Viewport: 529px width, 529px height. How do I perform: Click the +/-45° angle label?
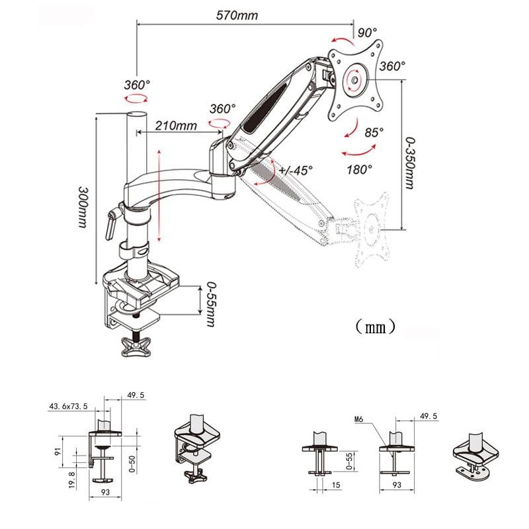296,170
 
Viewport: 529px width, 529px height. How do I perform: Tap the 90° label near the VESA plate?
368,32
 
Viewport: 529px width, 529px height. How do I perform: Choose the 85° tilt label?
374,132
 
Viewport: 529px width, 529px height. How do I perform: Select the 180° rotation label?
359,169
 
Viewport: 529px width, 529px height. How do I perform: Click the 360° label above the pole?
136,85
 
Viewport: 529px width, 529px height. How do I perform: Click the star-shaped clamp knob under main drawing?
138,346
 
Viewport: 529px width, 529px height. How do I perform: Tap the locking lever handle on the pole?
111,222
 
